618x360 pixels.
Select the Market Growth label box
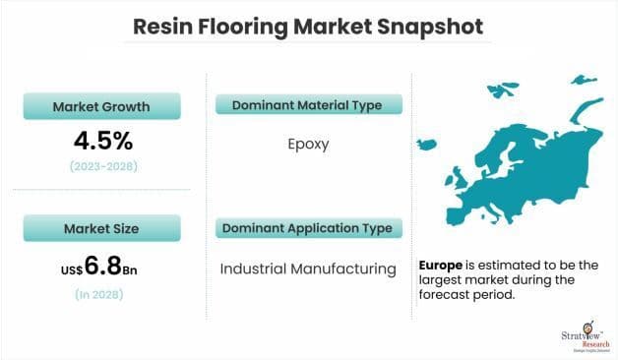click(x=102, y=106)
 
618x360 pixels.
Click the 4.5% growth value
click(x=102, y=141)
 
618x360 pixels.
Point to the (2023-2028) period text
click(x=102, y=167)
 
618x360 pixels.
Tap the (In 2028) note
click(x=102, y=294)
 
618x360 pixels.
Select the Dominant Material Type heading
click(x=306, y=105)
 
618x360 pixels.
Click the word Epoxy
click(x=307, y=144)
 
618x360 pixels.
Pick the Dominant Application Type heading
click(x=306, y=229)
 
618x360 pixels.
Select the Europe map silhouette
click(x=512, y=157)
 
